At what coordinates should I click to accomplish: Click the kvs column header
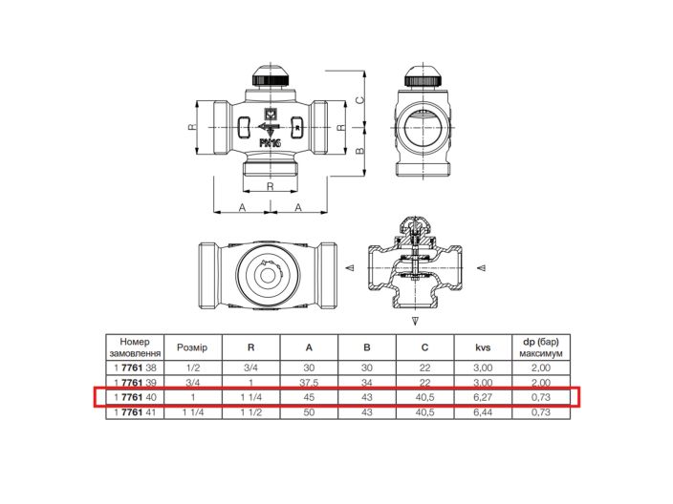pyautogui.click(x=483, y=347)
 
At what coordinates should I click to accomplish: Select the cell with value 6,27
pyautogui.click(x=483, y=396)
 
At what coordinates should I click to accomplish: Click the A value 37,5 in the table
pyautogui.click(x=309, y=382)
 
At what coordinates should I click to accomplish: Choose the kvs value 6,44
pyautogui.click(x=483, y=411)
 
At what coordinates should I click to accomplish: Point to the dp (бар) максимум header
pyautogui.click(x=541, y=347)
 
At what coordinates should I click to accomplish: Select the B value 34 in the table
pyautogui.click(x=367, y=382)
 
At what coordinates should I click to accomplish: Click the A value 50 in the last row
pyautogui.click(x=309, y=411)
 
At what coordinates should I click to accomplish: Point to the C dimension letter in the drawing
pyautogui.click(x=360, y=99)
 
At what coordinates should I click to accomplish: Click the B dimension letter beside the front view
pyautogui.click(x=360, y=150)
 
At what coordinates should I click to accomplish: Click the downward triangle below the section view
pyautogui.click(x=415, y=319)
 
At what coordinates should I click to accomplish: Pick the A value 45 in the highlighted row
pyautogui.click(x=309, y=396)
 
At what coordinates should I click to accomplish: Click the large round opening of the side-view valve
pyautogui.click(x=423, y=127)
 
